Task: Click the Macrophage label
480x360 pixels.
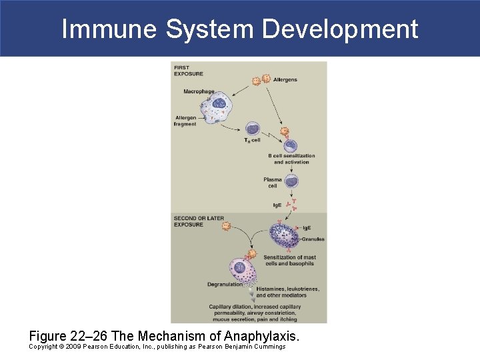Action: (x=199, y=91)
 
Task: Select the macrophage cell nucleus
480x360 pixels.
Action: (x=219, y=104)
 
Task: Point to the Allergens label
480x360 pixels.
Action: (x=285, y=80)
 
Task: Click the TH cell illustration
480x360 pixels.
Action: (x=253, y=129)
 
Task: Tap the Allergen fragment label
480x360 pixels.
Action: (x=185, y=121)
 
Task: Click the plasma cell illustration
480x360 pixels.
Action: (x=291, y=180)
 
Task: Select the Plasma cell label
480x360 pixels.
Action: (x=273, y=183)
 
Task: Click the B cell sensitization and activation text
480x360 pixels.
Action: (x=291, y=159)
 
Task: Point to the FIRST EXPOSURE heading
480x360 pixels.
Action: (x=189, y=71)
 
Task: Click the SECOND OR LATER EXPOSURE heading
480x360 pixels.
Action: (x=199, y=221)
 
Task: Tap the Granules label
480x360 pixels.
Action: (x=313, y=238)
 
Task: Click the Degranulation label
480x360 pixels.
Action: (x=225, y=285)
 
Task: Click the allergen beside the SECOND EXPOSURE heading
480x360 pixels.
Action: (x=226, y=227)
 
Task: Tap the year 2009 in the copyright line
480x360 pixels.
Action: (x=74, y=347)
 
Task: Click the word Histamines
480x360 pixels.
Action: (x=273, y=289)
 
